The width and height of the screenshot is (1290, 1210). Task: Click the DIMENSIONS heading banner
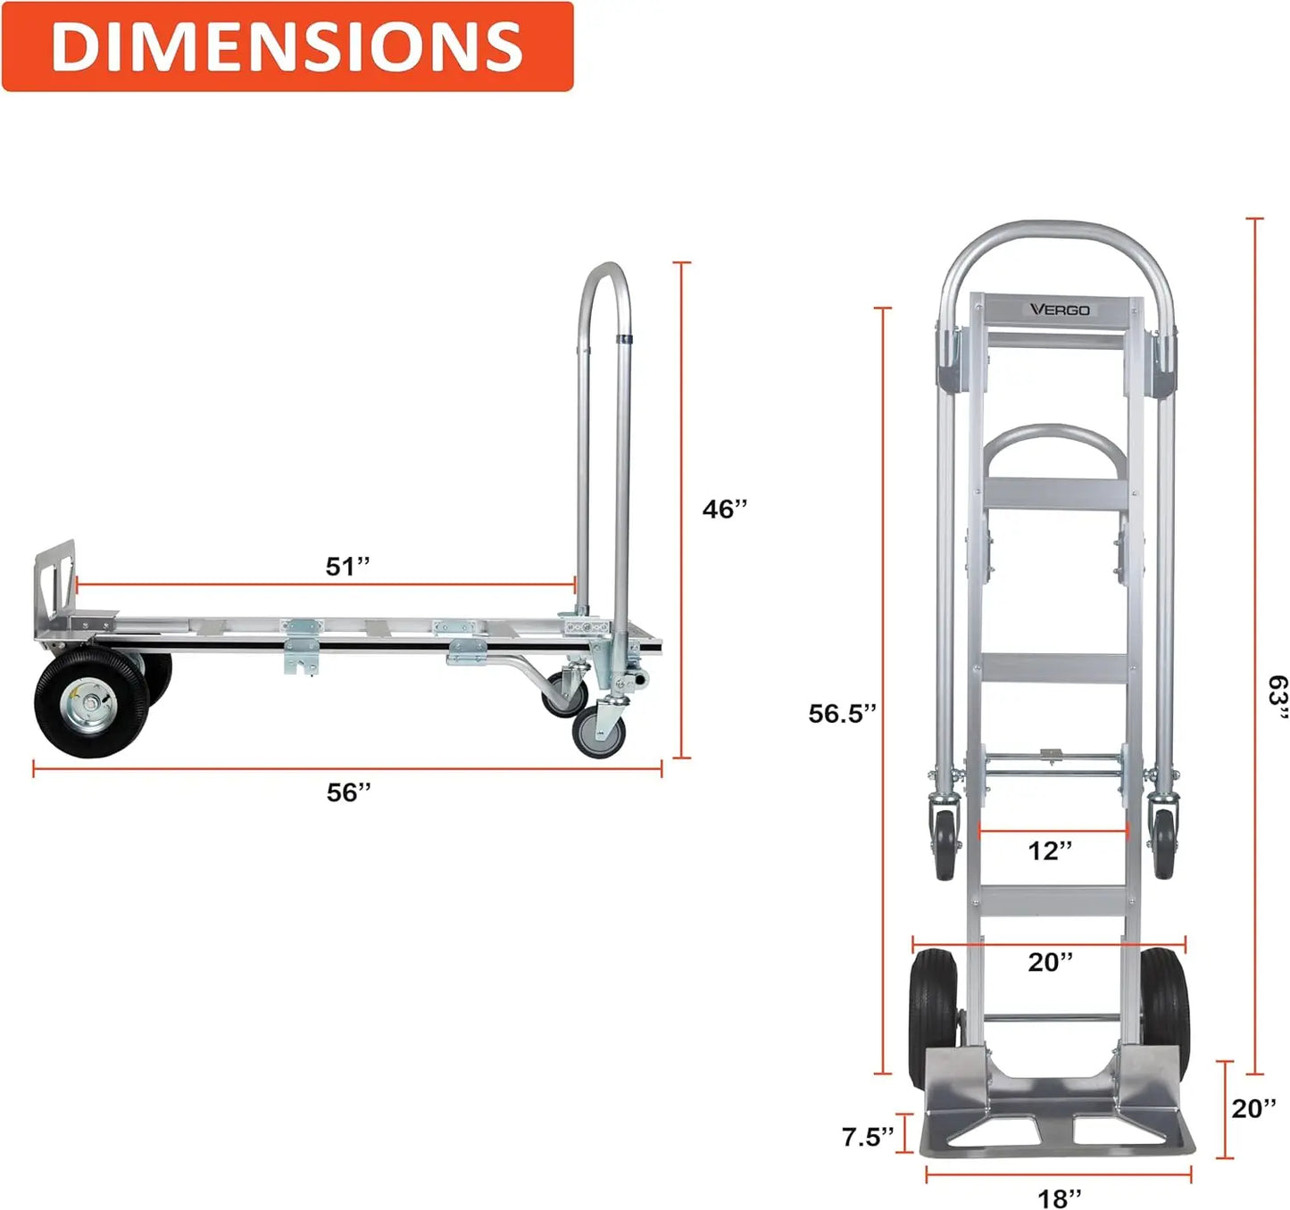click(x=287, y=46)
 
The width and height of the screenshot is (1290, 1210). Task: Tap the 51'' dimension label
click(x=347, y=567)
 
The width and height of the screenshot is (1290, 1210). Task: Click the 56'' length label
click(x=349, y=792)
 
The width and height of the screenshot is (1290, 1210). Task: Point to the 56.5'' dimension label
click(x=843, y=713)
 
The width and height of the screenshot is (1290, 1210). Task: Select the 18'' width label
click(x=1060, y=1198)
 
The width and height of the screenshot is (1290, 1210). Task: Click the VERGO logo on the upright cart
click(x=1060, y=310)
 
